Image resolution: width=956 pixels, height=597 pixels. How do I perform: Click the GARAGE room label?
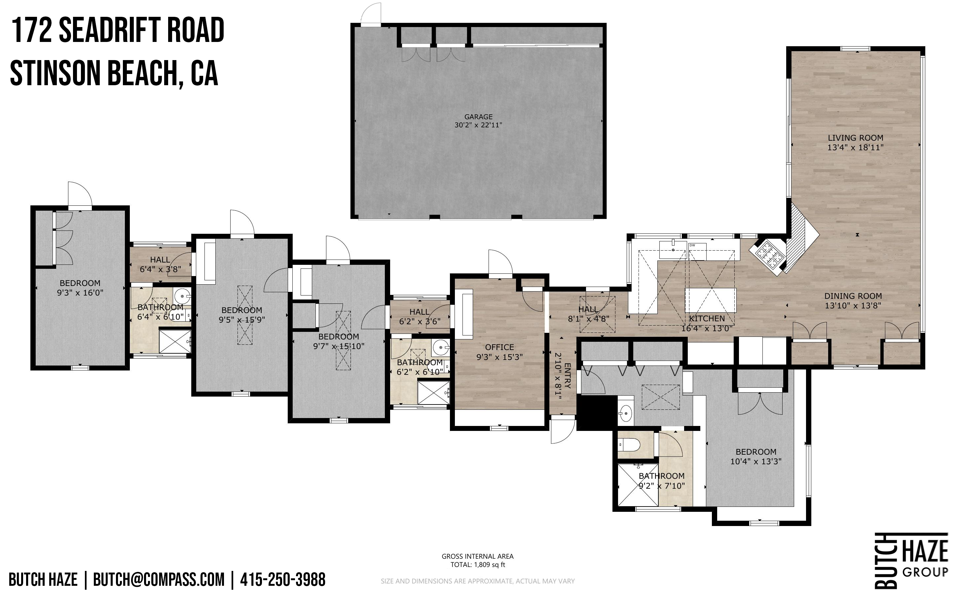click(x=478, y=117)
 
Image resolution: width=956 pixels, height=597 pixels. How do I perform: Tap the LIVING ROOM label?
click(x=855, y=138)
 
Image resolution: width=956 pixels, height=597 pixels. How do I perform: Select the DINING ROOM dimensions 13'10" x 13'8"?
click(x=853, y=305)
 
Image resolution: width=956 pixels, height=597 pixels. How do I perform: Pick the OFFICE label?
click(x=499, y=347)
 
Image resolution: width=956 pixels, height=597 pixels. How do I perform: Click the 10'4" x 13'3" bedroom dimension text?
click(x=756, y=461)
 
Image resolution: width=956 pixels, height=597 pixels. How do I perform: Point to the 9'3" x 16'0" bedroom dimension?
click(x=80, y=293)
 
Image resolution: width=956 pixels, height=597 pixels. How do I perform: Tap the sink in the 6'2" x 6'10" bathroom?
click(x=440, y=348)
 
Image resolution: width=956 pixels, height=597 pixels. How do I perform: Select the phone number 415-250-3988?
click(x=283, y=579)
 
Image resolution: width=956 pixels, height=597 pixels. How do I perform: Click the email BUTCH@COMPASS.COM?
click(x=159, y=579)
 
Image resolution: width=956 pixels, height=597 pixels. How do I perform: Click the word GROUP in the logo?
click(x=925, y=571)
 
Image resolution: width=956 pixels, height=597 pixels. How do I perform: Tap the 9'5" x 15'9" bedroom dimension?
click(x=242, y=319)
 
